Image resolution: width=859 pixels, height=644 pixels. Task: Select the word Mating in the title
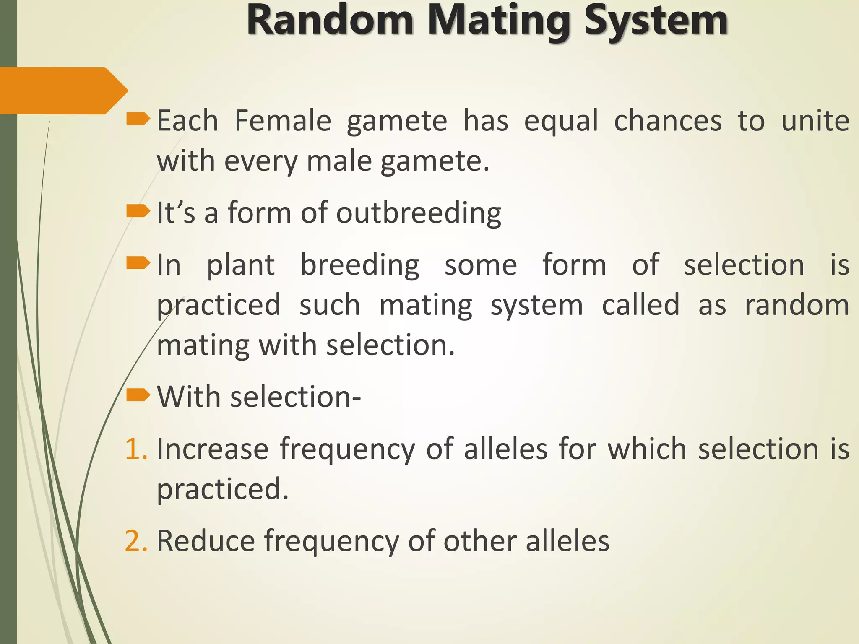(499, 20)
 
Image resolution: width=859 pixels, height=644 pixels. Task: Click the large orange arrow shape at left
(63, 90)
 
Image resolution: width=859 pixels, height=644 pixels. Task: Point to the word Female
(283, 121)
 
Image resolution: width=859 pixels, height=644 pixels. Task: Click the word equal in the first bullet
(561, 121)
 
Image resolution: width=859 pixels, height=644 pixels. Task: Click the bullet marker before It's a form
(138, 211)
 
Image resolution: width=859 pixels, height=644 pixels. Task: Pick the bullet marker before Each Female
(138, 119)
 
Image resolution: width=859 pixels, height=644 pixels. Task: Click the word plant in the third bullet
(241, 265)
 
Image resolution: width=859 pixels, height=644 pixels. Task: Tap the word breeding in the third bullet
(359, 265)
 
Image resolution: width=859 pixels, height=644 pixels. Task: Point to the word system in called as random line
(536, 305)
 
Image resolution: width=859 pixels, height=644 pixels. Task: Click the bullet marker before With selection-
(138, 395)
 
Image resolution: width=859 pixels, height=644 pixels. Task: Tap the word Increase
(212, 449)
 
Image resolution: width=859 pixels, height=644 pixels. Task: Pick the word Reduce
(206, 541)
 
